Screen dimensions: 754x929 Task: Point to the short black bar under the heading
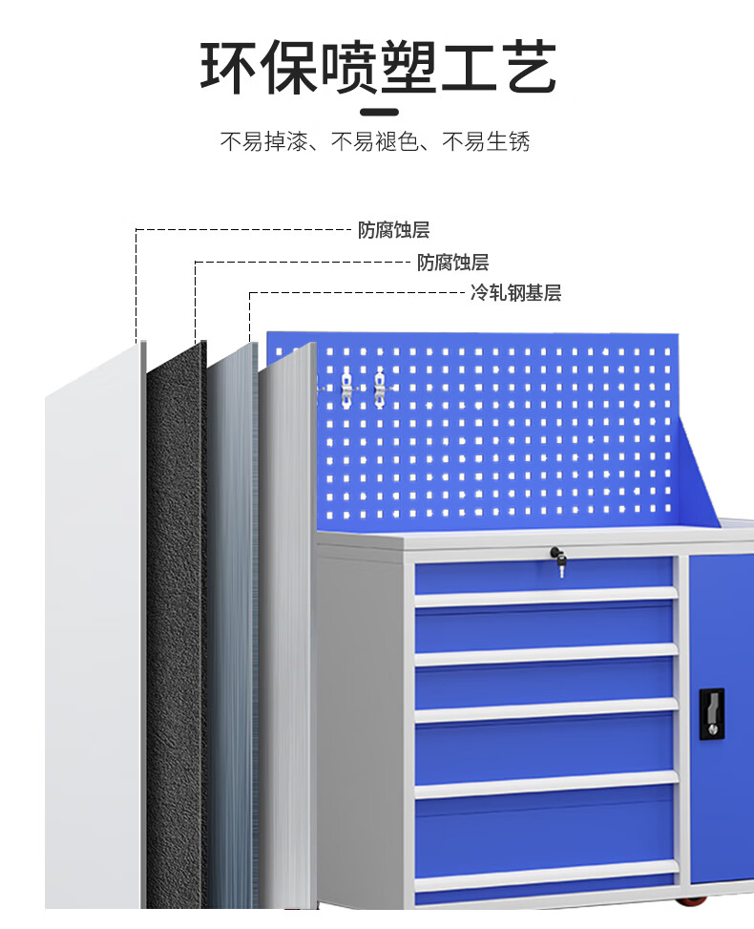click(377, 111)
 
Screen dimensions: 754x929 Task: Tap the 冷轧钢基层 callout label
click(515, 293)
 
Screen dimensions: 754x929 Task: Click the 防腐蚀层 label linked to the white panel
click(394, 230)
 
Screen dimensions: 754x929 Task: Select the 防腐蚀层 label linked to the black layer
click(452, 262)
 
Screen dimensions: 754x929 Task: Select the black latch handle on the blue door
click(711, 712)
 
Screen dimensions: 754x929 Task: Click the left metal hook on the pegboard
click(346, 386)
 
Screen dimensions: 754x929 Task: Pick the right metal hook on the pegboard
click(379, 386)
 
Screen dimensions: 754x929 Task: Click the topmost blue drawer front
click(545, 576)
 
